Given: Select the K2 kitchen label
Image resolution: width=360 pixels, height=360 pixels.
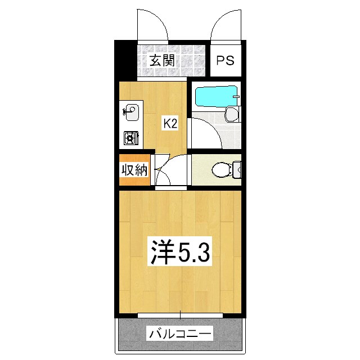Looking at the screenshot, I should (x=170, y=123).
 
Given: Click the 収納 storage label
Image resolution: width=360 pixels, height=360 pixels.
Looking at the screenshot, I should (x=134, y=170).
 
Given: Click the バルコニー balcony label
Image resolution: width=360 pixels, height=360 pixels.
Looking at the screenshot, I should (x=181, y=335).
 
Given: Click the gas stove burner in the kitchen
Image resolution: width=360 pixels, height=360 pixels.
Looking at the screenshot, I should (x=131, y=137).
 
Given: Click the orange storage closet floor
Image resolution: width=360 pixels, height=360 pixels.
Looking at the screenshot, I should (x=134, y=182).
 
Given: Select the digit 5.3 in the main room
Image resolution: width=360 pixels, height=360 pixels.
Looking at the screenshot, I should (x=195, y=254).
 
